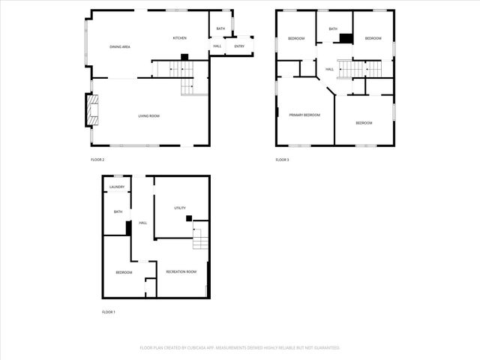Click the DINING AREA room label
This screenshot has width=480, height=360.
point(120,46)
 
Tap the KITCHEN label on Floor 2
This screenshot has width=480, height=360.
point(180,38)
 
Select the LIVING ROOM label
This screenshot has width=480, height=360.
point(148,115)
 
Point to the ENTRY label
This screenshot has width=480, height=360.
point(239,46)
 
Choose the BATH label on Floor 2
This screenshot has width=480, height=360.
point(220,28)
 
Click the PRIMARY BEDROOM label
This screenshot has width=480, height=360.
point(305,115)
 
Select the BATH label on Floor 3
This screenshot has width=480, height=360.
point(332,29)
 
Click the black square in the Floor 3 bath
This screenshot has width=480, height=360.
point(346,38)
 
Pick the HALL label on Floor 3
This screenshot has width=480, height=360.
point(329,70)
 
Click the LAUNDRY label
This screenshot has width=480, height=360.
point(117,187)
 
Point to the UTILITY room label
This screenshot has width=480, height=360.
point(180,208)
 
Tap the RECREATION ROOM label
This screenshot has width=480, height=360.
point(181,271)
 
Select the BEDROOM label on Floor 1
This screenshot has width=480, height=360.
point(124,272)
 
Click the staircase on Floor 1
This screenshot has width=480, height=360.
point(199,241)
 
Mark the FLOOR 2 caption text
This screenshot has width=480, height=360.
point(97,160)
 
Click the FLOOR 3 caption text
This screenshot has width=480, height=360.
point(282,160)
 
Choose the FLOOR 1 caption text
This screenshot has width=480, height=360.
point(109,312)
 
